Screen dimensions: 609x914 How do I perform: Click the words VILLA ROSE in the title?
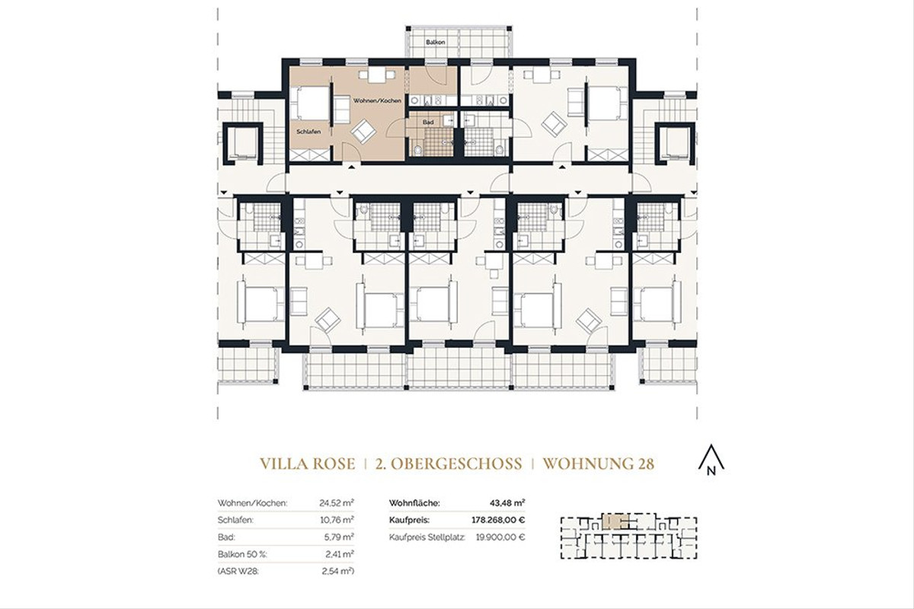(x=308, y=463)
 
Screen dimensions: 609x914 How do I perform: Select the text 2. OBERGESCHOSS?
(x=449, y=463)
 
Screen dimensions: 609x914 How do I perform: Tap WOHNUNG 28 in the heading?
(x=599, y=463)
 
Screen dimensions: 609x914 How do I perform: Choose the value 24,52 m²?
(x=337, y=503)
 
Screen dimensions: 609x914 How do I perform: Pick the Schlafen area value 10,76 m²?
(x=337, y=520)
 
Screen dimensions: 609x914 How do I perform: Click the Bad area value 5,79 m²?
(x=339, y=537)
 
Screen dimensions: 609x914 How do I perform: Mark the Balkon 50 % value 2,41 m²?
(x=339, y=553)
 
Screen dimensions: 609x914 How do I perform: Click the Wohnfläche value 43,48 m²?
(x=509, y=503)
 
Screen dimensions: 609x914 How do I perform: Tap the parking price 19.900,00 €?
(x=500, y=537)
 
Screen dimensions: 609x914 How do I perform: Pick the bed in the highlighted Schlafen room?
(x=311, y=104)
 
